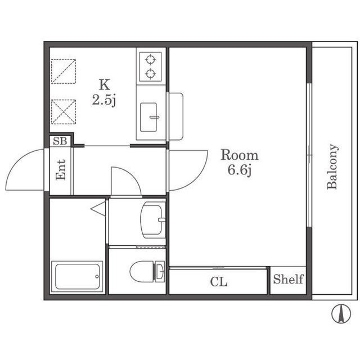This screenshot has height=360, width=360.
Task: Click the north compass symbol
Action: (x=341, y=314)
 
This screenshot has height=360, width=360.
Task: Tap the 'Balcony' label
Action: (x=332, y=166)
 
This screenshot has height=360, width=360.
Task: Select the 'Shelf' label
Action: (x=288, y=279)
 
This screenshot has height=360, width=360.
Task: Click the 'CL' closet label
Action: (x=219, y=282)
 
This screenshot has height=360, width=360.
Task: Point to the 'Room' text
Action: (x=240, y=155)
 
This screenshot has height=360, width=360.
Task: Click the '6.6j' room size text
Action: (x=240, y=170)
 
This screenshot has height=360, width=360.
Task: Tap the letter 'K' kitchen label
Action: (x=105, y=84)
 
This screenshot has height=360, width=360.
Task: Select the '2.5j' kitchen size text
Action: (x=104, y=100)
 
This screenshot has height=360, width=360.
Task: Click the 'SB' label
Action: (x=60, y=141)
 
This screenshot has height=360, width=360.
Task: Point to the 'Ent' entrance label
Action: (x=61, y=170)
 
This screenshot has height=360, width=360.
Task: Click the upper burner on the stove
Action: (x=150, y=60)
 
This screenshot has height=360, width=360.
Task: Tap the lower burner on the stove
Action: (x=150, y=74)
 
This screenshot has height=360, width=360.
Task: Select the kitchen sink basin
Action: (x=148, y=118)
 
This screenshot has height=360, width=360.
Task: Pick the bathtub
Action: (x=77, y=277)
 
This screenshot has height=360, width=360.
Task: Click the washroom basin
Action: (x=151, y=220)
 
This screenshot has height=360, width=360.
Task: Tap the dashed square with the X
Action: (x=64, y=112)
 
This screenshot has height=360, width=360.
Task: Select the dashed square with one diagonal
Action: (x=64, y=71)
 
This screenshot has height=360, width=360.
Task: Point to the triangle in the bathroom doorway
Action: (x=98, y=209)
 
